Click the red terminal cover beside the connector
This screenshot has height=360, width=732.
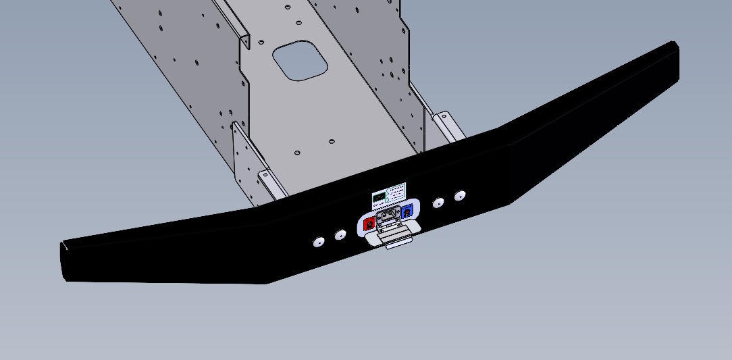point(369,224)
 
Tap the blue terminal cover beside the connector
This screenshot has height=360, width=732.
point(407,212)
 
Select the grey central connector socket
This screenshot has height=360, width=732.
point(388,217)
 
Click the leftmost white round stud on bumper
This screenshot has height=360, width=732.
point(319,241)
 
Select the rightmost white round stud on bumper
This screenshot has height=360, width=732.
point(460,196)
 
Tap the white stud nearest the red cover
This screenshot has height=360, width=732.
point(340,234)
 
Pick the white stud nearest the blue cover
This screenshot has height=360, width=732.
point(439,203)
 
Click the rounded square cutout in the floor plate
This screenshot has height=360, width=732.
point(300,60)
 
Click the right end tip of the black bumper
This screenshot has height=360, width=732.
point(673,45)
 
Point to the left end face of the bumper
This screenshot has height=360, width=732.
point(63,261)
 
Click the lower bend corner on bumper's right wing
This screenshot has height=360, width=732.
point(511,202)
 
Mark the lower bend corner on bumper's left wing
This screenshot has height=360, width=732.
point(267,282)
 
